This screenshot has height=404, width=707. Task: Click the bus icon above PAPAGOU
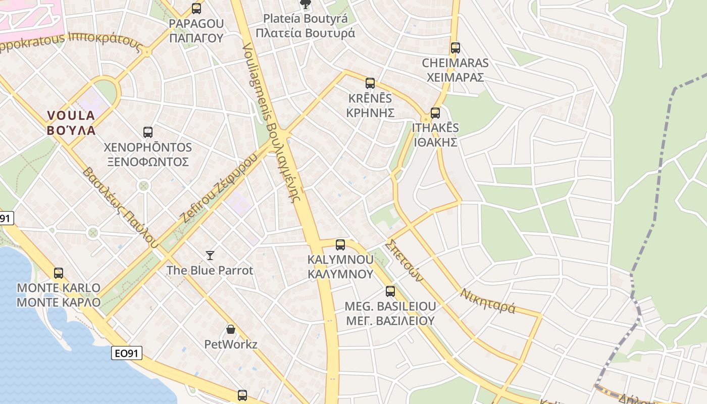click(x=196, y=9)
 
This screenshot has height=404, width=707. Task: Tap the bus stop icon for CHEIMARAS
click(x=456, y=48)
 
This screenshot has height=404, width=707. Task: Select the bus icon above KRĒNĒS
click(x=370, y=83)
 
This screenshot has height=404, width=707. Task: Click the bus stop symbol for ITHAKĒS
click(x=435, y=113)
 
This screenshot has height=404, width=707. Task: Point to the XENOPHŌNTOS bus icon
click(x=148, y=132)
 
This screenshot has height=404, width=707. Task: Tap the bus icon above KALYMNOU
click(x=340, y=245)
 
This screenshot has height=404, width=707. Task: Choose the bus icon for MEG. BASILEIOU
click(x=390, y=291)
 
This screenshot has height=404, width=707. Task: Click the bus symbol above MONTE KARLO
click(x=59, y=273)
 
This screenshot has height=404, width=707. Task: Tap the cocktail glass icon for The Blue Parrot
click(x=210, y=255)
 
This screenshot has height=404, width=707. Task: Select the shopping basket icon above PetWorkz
click(x=231, y=330)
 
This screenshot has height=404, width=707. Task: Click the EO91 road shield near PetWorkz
click(x=127, y=353)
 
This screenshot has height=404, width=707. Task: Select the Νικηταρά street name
click(x=488, y=300)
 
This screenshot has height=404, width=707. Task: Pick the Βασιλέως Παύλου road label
click(x=117, y=208)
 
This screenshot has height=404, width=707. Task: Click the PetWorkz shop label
click(x=231, y=344)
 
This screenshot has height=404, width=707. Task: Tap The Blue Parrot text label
click(x=210, y=270)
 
